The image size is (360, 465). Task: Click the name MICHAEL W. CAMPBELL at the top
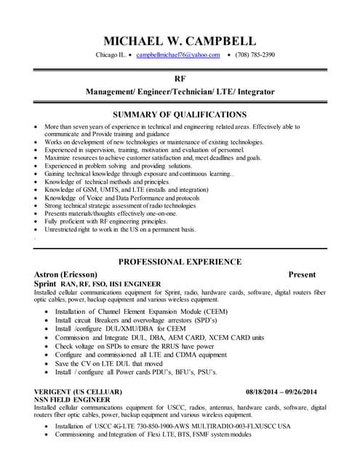point(180,40)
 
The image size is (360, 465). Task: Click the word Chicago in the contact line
point(108,55)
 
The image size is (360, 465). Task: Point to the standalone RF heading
point(180,78)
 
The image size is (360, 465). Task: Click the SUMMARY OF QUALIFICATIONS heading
point(180,114)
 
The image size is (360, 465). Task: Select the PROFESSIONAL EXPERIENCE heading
point(180,262)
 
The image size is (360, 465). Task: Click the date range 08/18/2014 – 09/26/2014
point(281,392)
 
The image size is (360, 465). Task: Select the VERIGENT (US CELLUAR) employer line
point(79,392)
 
